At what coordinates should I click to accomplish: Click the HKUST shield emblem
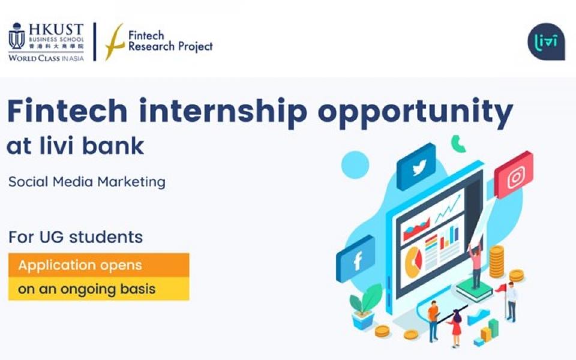(x=17, y=36)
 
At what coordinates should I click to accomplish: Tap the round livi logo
(x=546, y=41)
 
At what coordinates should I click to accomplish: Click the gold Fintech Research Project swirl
(x=114, y=41)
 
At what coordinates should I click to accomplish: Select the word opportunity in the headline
(x=415, y=112)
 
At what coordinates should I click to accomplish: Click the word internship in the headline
(x=223, y=110)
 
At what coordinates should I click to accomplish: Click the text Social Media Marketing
(x=86, y=181)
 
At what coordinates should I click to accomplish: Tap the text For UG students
(x=76, y=237)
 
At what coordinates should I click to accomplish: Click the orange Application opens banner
(x=99, y=265)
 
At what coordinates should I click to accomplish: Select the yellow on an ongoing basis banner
(x=99, y=289)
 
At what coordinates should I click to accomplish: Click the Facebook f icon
(x=356, y=259)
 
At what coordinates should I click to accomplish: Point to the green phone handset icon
(x=458, y=143)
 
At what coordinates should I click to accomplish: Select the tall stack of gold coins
(x=496, y=262)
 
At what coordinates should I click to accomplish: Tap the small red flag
(x=501, y=289)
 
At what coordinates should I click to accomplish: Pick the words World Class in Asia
(x=46, y=58)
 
